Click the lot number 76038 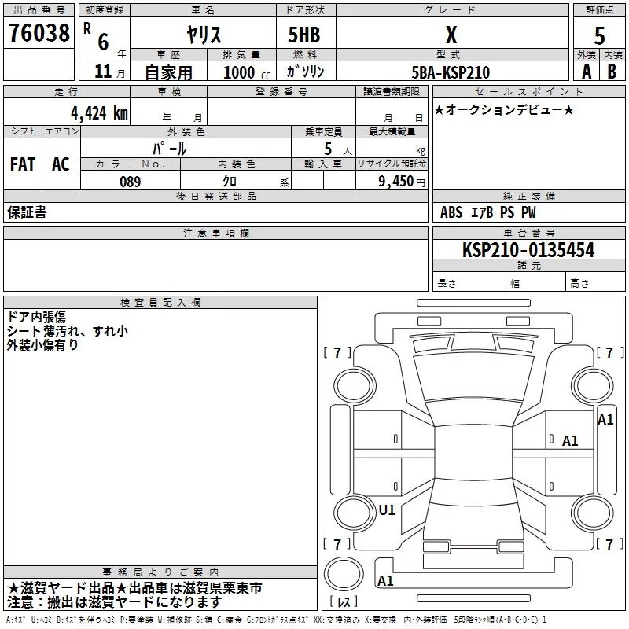[39, 33]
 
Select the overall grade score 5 [599, 35]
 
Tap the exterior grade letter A [587, 72]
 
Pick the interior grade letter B [612, 72]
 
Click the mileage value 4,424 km [99, 113]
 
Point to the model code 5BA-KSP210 [451, 72]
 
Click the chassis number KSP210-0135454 [528, 250]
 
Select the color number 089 [131, 182]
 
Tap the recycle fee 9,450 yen [401, 182]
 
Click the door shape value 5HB [304, 35]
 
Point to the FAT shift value [23, 164]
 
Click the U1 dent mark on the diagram [387, 509]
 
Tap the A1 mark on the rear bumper [385, 580]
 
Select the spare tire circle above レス [344, 574]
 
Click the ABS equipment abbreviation [451, 212]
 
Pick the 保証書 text [27, 212]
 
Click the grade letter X [451, 35]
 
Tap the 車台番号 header [529, 233]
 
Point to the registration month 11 [103, 72]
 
